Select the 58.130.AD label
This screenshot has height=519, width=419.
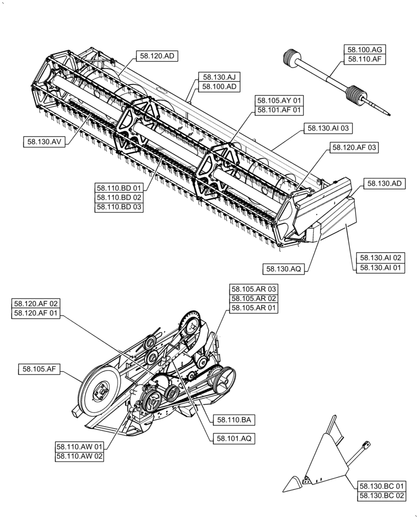point(386,183)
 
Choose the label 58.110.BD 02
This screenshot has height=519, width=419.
point(119,197)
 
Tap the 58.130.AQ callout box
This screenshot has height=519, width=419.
point(283,268)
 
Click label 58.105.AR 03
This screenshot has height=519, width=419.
point(254,289)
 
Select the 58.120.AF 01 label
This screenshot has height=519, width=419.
point(36,313)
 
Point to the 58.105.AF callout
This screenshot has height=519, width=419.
point(39,370)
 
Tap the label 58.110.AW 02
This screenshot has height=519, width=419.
point(80,456)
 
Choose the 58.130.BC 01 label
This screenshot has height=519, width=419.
point(382,486)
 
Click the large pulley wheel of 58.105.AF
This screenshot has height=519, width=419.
point(101,391)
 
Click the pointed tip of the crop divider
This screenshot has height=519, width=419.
point(285,490)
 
